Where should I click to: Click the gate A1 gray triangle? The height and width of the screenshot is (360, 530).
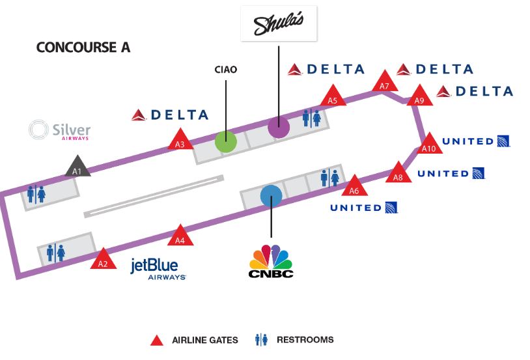(77, 168)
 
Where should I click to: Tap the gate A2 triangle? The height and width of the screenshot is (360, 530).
(102, 260)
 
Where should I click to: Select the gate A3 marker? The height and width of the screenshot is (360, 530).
(180, 141)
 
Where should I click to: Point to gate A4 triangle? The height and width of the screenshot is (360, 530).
(180, 237)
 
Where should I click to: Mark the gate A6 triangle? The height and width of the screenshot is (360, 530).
(354, 187)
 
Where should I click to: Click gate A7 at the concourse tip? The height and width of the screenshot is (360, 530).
(384, 83)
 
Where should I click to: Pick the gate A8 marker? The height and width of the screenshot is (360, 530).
(399, 174)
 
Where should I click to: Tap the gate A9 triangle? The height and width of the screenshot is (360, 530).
(419, 98)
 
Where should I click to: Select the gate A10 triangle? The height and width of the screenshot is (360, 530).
(428, 145)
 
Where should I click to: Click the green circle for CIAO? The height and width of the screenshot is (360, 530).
(225, 141)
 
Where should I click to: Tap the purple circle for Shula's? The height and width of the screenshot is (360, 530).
(278, 126)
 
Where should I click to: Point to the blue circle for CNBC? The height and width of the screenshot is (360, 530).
(270, 196)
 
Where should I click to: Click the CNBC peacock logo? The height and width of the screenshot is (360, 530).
(271, 260)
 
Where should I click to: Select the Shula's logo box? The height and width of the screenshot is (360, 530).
(279, 24)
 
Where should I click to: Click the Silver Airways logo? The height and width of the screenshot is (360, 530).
(60, 130)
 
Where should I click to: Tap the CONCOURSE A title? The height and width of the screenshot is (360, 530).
(83, 48)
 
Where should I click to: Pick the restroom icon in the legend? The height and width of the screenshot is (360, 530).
(262, 340)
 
